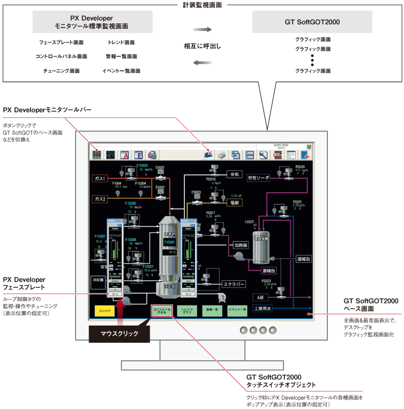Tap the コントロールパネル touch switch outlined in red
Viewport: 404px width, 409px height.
[162, 311]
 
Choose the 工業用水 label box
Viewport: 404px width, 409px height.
[263, 309]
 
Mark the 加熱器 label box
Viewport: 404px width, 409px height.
[241, 245]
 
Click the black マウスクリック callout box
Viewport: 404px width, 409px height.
[120, 334]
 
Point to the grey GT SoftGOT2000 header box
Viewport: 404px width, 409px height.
[312, 23]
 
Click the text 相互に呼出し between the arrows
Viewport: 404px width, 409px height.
[203, 46]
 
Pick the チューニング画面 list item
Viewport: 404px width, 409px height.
[61, 70]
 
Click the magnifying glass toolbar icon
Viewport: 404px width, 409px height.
[263, 154]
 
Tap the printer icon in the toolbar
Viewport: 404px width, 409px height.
[222, 154]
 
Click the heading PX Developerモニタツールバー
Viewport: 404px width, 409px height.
[47, 110]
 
